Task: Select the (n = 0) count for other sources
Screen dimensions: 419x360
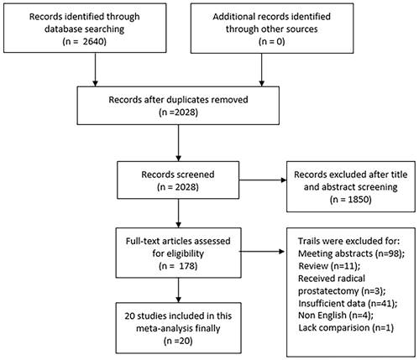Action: tap(272, 41)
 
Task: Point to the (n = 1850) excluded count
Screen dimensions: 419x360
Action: tap(351, 200)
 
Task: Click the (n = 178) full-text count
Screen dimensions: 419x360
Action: tap(178, 266)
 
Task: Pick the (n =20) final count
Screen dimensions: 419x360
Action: tap(178, 341)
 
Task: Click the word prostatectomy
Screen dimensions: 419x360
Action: tap(327, 291)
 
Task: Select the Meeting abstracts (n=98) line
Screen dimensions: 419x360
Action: tap(351, 253)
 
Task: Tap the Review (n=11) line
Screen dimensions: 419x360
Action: tap(329, 266)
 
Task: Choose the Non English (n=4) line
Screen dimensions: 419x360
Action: tap(336, 316)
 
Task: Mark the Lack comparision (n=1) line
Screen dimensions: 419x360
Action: tap(346, 328)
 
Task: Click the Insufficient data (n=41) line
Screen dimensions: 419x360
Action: tap(348, 304)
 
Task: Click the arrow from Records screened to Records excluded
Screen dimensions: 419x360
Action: tap(263, 180)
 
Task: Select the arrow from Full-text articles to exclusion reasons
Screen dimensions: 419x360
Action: tap(262, 252)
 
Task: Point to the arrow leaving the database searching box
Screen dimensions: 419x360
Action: tap(95, 70)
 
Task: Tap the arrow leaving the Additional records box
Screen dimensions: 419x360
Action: tap(262, 70)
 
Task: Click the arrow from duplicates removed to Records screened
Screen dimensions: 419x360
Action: tap(178, 143)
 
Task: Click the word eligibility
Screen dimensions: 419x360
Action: tap(178, 253)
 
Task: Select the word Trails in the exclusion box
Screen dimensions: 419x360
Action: tap(308, 241)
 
